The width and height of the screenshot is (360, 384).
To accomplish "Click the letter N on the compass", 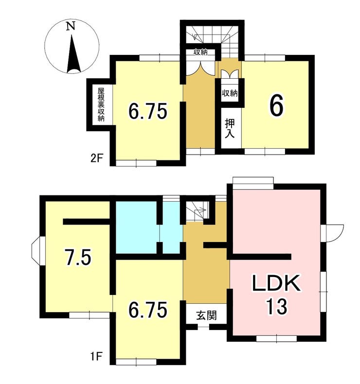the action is [x=71, y=26].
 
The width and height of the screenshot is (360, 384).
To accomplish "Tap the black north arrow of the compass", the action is [x=73, y=54].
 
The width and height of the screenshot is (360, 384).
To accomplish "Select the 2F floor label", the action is [x=96, y=159].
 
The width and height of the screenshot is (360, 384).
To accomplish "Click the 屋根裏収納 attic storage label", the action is [x=101, y=105].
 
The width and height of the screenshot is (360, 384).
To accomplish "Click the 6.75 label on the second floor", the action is [x=148, y=111].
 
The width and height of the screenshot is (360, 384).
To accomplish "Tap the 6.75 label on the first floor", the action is [x=148, y=310].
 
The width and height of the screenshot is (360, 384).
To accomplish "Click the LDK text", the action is [x=277, y=283].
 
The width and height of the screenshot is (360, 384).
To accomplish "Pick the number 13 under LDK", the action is [x=277, y=307].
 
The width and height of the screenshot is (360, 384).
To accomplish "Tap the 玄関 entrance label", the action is [x=206, y=315].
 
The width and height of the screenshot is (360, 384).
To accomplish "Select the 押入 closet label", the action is [x=230, y=129].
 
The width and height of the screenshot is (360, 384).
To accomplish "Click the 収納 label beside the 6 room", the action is [x=230, y=93].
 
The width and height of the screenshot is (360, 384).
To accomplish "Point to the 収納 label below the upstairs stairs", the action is [x=201, y=52].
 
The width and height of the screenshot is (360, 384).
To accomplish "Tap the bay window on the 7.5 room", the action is [x=36, y=251].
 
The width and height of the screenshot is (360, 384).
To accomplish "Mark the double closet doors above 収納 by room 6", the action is [x=230, y=74].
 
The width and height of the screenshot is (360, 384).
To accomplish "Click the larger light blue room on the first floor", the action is [x=136, y=227].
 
